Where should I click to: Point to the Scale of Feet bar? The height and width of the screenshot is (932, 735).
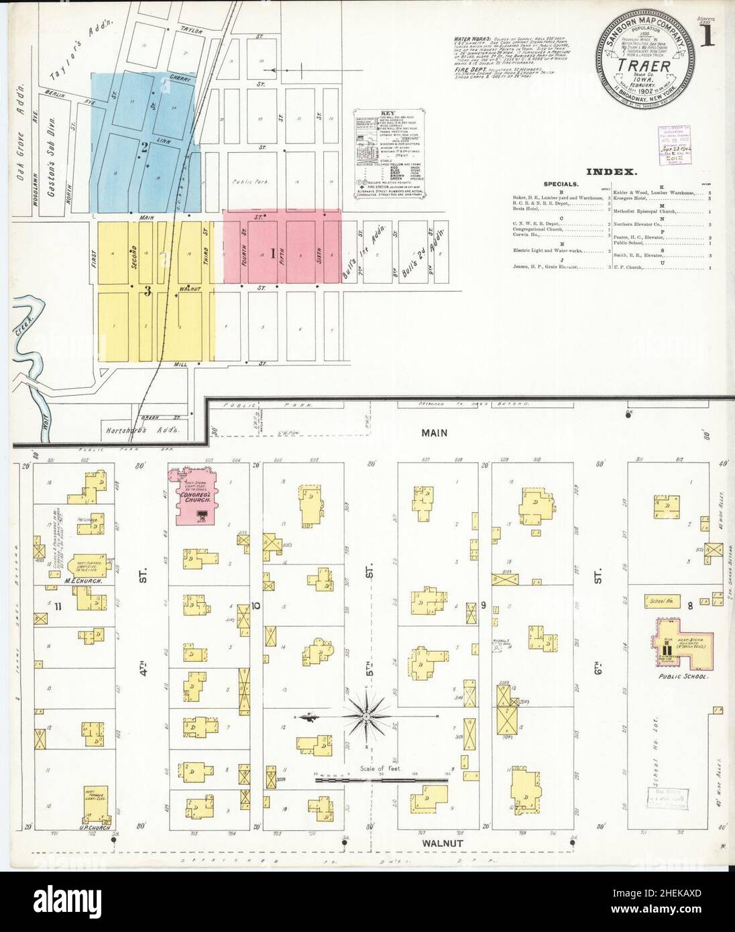(382, 780)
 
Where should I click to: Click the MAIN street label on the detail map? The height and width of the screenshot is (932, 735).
(434, 433)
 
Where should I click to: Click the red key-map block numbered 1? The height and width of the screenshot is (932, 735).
(273, 253)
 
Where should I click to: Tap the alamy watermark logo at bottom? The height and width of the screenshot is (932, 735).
(367, 901)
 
